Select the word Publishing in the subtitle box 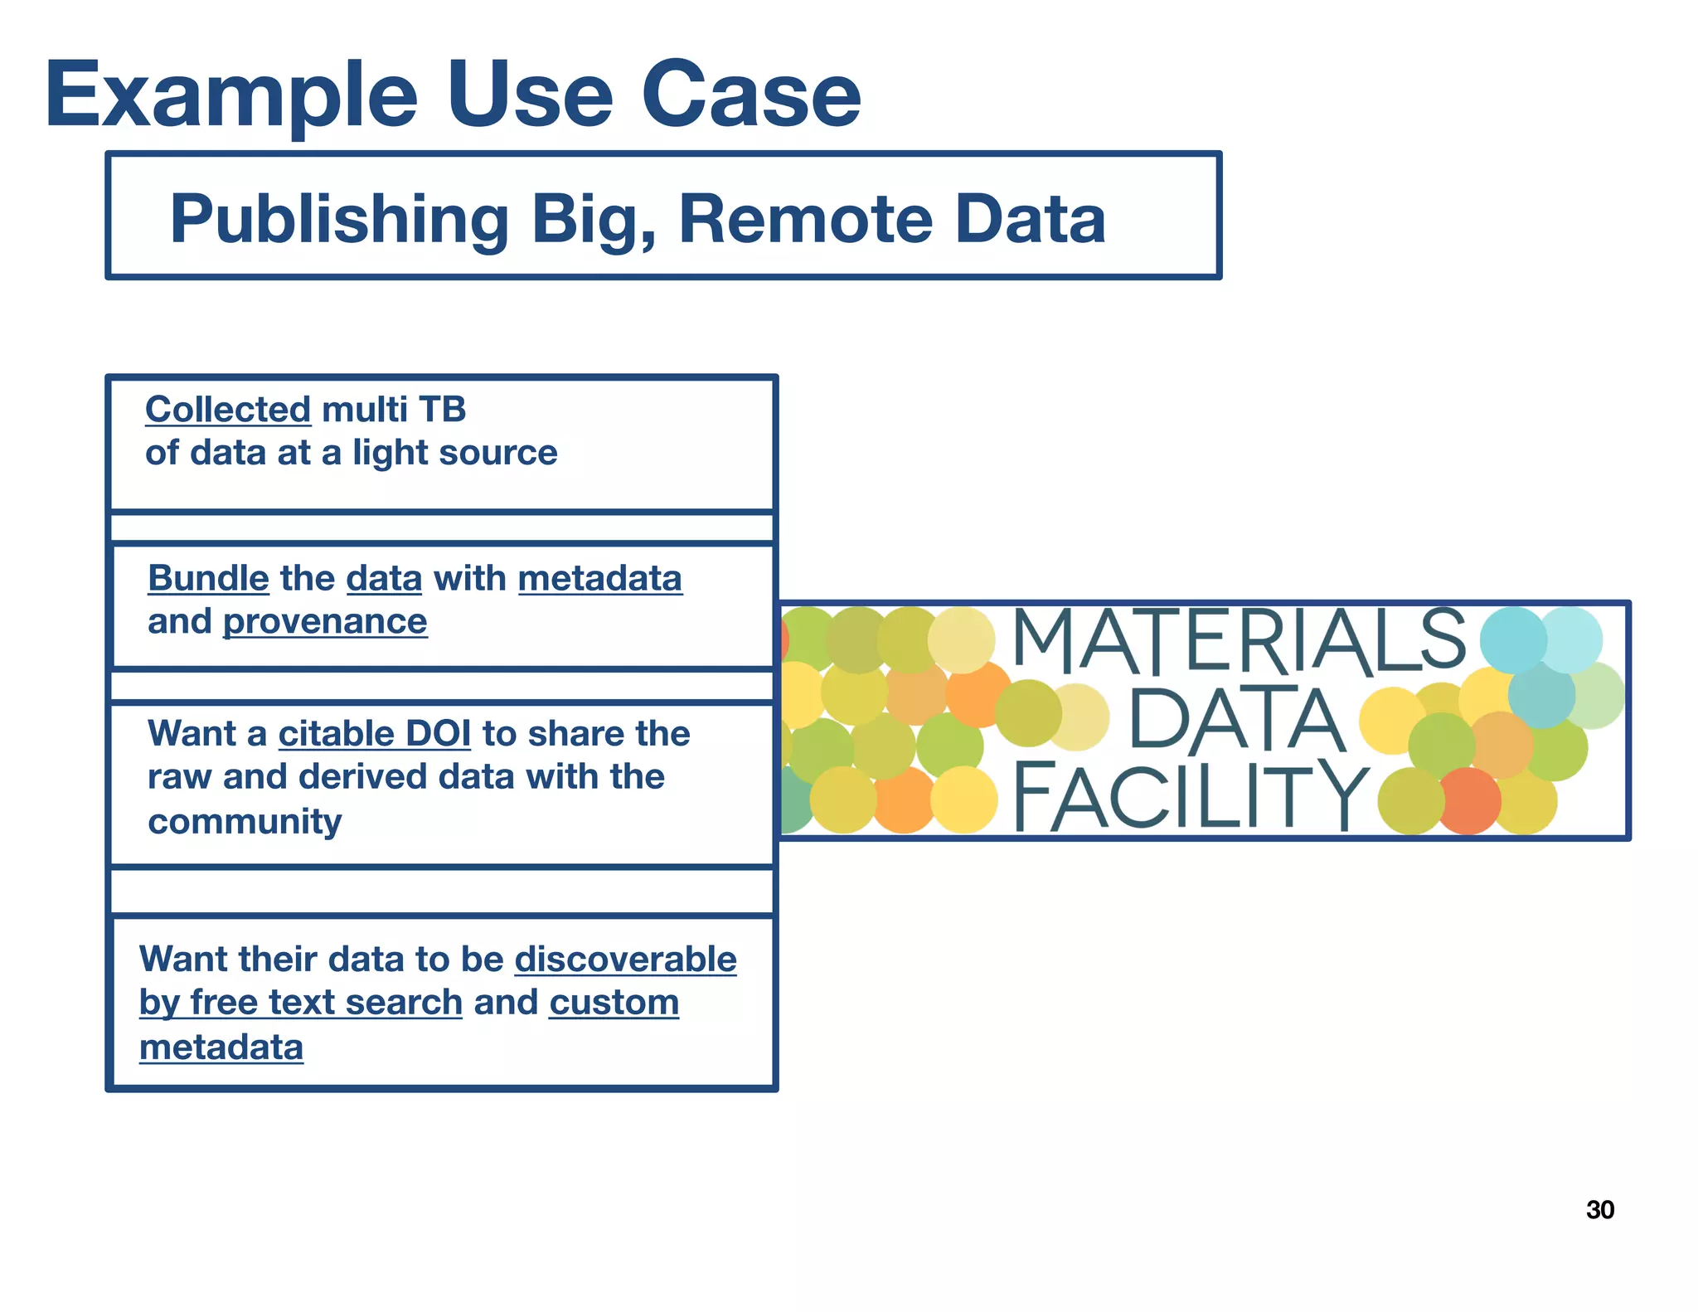(x=338, y=220)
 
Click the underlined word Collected (x=228, y=410)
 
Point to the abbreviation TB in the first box (x=442, y=410)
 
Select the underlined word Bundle (x=208, y=579)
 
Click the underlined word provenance (x=325, y=622)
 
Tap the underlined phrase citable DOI (x=374, y=734)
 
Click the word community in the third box (x=245, y=822)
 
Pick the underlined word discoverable (x=625, y=960)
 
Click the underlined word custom (x=614, y=1003)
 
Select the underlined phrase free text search (x=326, y=1003)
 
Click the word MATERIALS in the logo (x=1239, y=641)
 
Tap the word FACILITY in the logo (x=1191, y=797)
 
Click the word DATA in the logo (x=1235, y=720)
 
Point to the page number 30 (x=1599, y=1210)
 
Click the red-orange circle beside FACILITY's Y (x=1468, y=800)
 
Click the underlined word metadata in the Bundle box (x=599, y=579)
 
